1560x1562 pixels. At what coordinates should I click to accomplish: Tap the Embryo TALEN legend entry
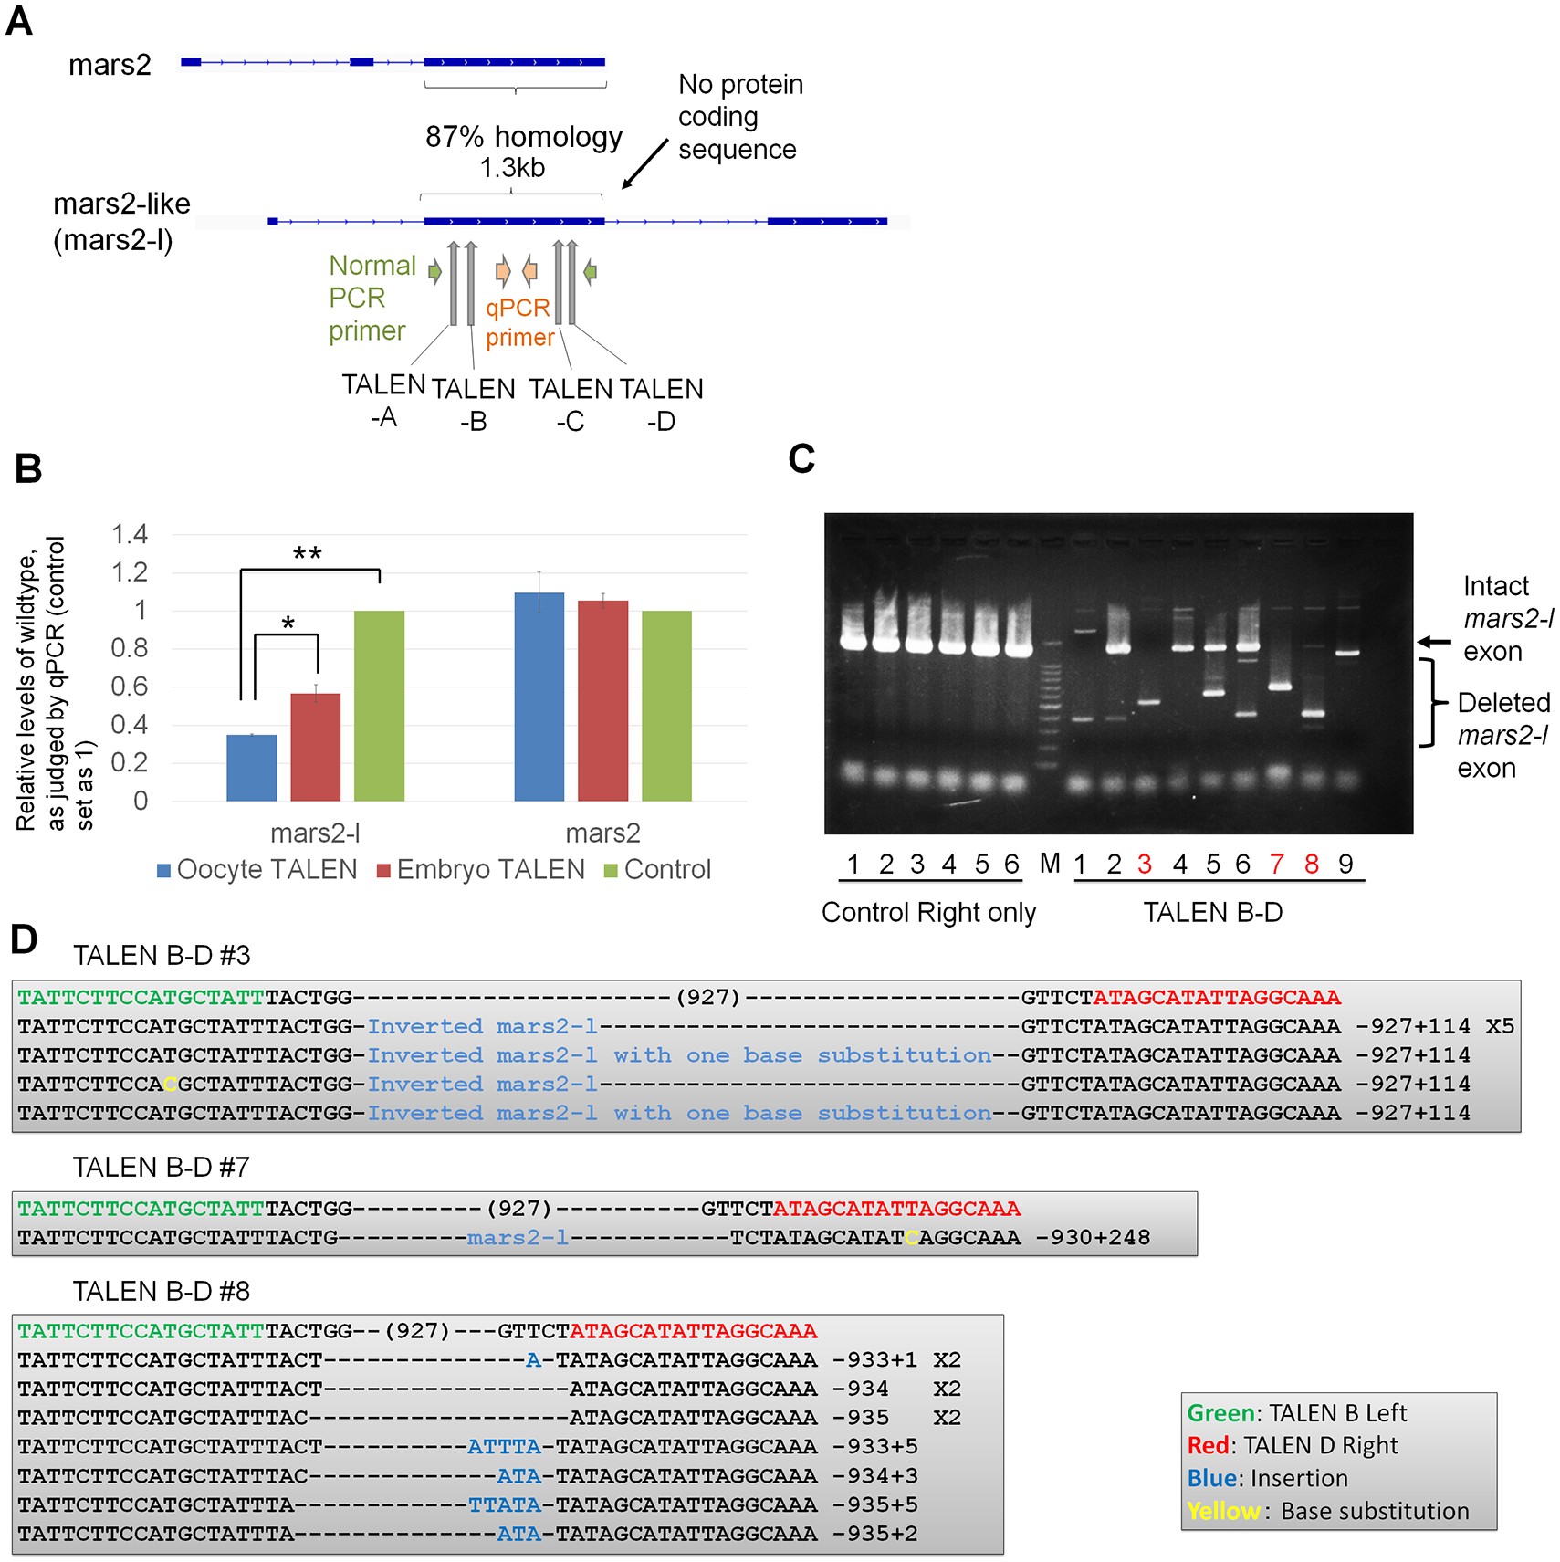point(480,869)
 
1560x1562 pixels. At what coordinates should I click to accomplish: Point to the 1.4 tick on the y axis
point(130,534)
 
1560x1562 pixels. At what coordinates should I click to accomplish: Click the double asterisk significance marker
point(307,554)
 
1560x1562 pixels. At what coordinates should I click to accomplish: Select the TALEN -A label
point(383,401)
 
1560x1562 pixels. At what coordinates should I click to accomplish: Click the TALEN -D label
point(661,404)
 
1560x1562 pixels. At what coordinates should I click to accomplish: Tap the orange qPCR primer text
point(519,322)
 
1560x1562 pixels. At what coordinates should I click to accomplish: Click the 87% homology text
point(523,137)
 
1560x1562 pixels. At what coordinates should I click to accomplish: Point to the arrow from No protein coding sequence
point(644,164)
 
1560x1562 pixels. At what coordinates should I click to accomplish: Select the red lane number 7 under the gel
point(1276,864)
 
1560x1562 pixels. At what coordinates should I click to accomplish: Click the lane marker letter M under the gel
point(1050,863)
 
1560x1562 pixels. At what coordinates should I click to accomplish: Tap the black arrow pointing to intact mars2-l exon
point(1433,642)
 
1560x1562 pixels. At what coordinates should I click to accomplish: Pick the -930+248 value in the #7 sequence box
point(1093,1237)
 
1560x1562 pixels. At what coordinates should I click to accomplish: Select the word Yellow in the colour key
point(1223,1511)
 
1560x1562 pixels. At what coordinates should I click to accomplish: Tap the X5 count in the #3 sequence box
point(1499,1026)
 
